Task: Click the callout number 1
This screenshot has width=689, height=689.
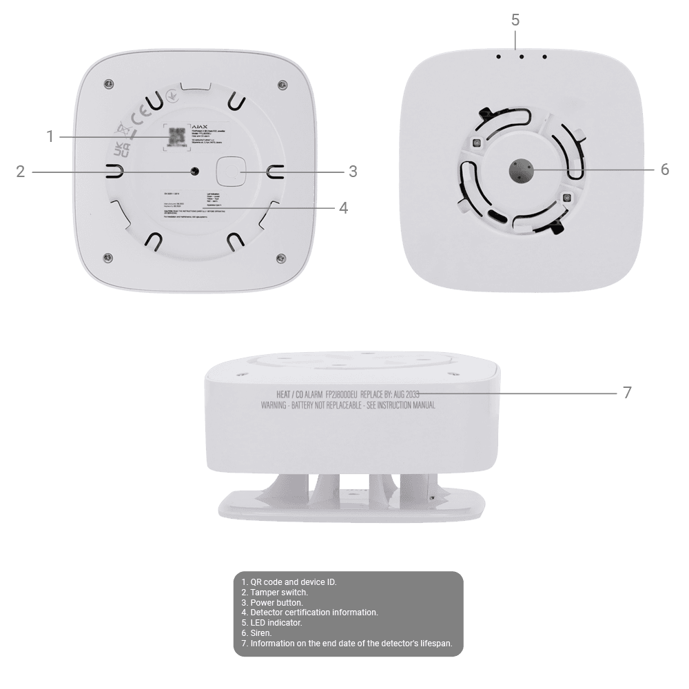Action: click(50, 136)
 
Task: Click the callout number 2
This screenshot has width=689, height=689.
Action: click(21, 171)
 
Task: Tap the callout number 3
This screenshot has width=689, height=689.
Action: click(353, 171)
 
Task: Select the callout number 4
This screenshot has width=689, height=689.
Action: click(342, 207)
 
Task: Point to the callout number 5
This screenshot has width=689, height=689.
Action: click(515, 19)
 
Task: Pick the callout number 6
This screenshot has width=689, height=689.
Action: click(664, 169)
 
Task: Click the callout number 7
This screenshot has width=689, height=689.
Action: click(626, 393)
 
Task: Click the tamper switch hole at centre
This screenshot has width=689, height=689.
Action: click(195, 171)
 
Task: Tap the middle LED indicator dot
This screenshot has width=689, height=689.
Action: click(522, 57)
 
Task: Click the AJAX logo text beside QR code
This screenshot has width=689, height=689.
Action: click(199, 127)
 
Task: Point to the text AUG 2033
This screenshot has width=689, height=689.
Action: click(406, 393)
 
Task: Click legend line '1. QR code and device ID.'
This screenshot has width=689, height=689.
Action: click(289, 582)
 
